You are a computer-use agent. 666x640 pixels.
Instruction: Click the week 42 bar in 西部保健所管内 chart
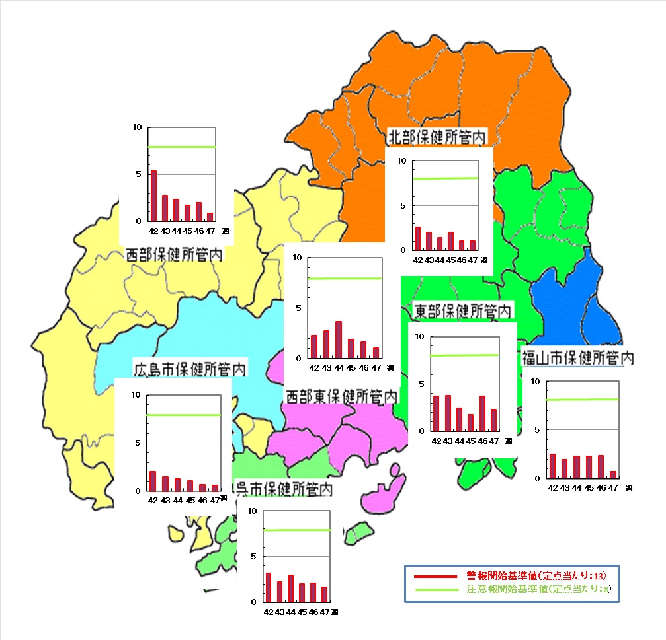click(154, 196)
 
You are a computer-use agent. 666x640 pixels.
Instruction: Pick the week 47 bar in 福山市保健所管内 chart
click(613, 474)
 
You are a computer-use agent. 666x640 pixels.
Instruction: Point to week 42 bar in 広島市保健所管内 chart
click(153, 481)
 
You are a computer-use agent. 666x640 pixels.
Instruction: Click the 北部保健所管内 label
click(437, 137)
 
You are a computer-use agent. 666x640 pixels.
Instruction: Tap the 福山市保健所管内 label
click(578, 358)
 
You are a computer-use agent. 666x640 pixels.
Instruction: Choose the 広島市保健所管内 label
click(190, 368)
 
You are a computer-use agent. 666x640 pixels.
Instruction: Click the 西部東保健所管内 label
click(341, 396)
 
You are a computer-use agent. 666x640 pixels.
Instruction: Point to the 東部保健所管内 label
click(462, 310)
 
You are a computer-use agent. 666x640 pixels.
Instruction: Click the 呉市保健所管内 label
click(284, 489)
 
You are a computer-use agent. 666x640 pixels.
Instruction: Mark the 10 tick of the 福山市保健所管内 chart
click(536, 382)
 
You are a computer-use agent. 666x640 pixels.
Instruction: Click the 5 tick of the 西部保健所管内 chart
click(138, 174)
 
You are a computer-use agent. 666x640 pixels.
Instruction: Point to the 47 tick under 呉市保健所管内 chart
click(325, 612)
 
